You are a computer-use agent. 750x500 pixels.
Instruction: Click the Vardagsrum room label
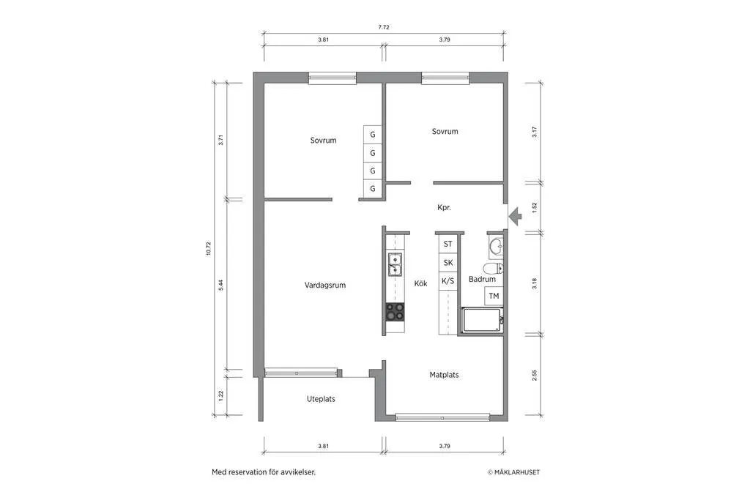(x=325, y=286)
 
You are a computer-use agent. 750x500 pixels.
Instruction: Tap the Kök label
(x=420, y=284)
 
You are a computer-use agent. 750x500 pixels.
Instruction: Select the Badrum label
(x=482, y=279)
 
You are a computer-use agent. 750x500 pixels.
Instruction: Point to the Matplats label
(x=444, y=375)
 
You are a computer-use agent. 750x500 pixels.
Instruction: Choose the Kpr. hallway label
(x=444, y=208)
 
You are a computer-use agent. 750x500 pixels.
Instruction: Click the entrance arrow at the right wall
(x=514, y=214)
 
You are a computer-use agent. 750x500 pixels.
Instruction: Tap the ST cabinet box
(x=448, y=244)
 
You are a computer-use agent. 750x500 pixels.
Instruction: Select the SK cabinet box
(x=448, y=262)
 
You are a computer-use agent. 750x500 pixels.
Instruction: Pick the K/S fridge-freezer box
(x=448, y=280)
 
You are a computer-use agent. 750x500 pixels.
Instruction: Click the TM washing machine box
(x=494, y=296)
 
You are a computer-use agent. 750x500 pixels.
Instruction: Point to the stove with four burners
(x=395, y=312)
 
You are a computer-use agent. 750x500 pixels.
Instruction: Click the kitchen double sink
(x=394, y=264)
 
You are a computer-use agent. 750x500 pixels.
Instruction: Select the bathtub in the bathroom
(x=481, y=321)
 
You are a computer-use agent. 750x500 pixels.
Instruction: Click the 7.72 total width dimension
(x=383, y=27)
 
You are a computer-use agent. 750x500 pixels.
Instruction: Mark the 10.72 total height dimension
(x=209, y=248)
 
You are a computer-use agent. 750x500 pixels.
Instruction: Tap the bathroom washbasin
(x=495, y=245)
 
